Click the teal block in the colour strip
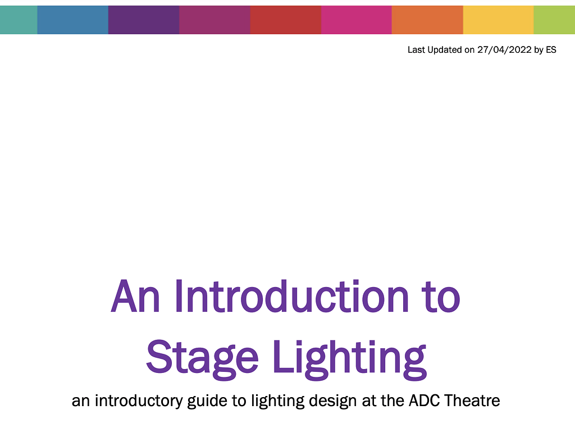(x=19, y=20)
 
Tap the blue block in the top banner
(x=72, y=20)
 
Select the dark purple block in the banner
(x=143, y=20)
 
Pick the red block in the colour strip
(x=285, y=20)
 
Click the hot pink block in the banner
(x=356, y=20)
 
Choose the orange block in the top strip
(x=427, y=20)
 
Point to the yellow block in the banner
(x=498, y=20)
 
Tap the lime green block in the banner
(x=554, y=20)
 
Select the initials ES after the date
(x=551, y=50)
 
